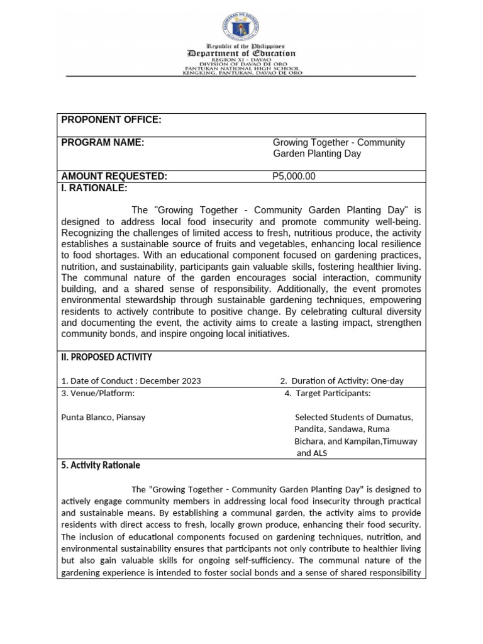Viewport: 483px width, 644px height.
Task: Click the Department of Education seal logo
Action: (x=242, y=27)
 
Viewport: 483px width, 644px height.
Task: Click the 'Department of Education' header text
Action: (x=242, y=54)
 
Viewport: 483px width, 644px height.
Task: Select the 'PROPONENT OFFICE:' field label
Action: (x=111, y=120)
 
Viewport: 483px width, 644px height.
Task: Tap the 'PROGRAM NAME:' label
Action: (x=103, y=143)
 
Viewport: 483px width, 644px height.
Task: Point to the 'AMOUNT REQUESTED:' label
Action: (x=114, y=177)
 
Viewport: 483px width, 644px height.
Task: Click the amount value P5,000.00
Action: (x=294, y=177)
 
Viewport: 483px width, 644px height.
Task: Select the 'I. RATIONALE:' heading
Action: (x=94, y=188)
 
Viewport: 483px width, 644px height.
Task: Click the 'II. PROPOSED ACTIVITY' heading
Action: (x=106, y=357)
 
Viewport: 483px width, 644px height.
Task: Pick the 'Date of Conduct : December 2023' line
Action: (x=131, y=381)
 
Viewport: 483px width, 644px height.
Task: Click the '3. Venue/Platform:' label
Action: (x=97, y=394)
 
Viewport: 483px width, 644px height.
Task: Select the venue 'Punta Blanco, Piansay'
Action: (x=103, y=417)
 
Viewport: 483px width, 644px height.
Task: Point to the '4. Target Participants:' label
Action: (x=327, y=394)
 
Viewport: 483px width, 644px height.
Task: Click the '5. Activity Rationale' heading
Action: (x=101, y=465)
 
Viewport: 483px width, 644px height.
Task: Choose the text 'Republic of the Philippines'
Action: (x=242, y=47)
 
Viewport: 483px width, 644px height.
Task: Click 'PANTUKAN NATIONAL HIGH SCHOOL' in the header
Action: (x=242, y=69)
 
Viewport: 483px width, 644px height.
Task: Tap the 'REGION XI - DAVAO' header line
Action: (x=242, y=60)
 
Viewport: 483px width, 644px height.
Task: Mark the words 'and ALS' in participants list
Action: (x=312, y=453)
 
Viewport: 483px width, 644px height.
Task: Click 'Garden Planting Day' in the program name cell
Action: (x=317, y=154)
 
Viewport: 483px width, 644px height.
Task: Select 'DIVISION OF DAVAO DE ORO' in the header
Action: (x=242, y=64)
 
